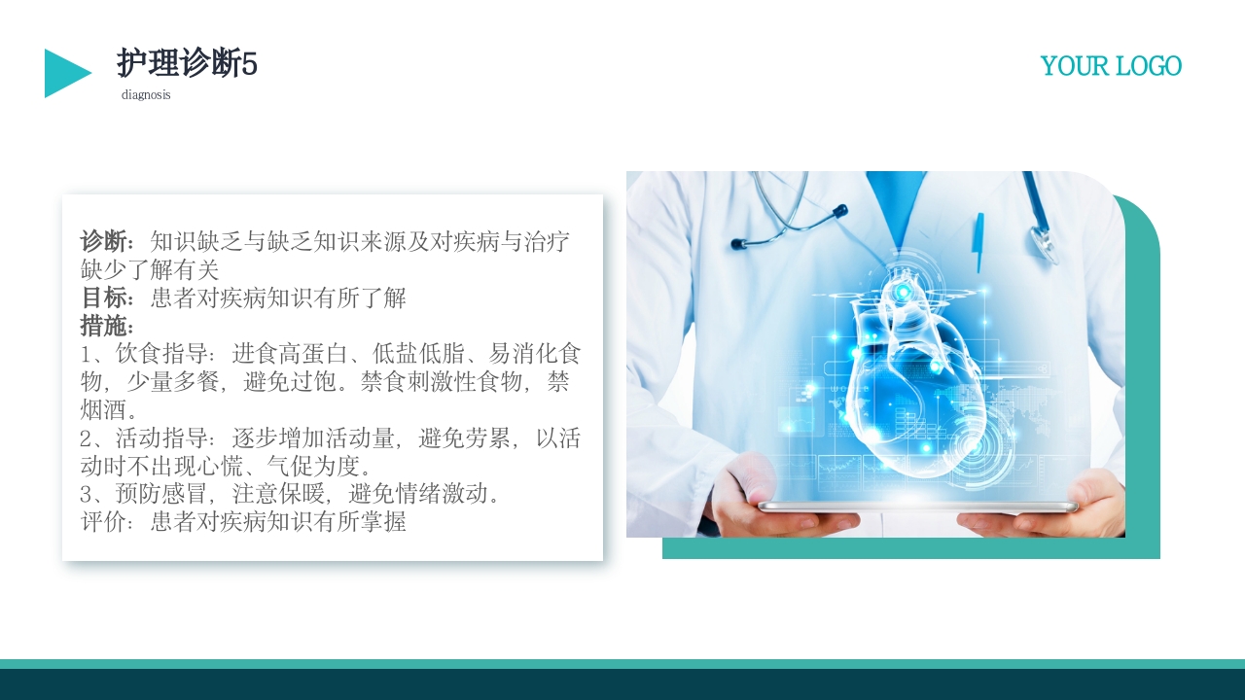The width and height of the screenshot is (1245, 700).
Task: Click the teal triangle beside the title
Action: coord(64,73)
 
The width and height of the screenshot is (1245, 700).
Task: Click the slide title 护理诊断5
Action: coord(187,64)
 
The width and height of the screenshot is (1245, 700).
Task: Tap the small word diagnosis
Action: coord(146,95)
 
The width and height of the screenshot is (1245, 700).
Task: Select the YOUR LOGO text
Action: coord(1111,66)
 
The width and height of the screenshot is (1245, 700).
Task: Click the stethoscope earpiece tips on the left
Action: coord(739,243)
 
